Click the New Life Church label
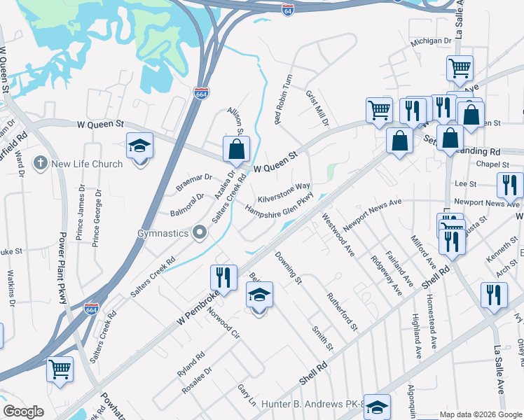tap(86, 164)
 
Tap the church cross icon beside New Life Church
tap(41, 164)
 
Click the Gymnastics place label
tap(163, 232)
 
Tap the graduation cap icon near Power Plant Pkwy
tap(139, 146)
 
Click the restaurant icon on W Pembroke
tap(223, 276)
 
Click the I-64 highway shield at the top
tap(287, 9)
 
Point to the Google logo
tap(23, 411)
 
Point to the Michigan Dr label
tap(431, 41)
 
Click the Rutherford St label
tap(343, 311)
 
